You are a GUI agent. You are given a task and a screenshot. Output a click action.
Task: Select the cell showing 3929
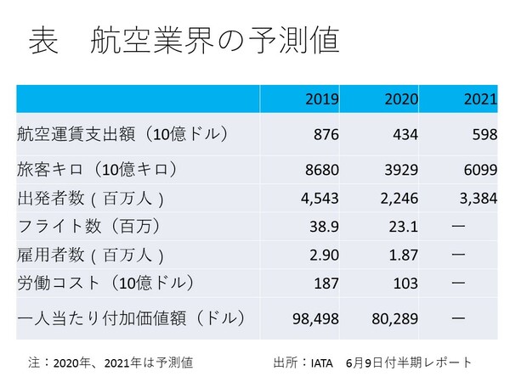(401, 171)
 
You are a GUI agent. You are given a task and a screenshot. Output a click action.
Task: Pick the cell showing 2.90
(324, 256)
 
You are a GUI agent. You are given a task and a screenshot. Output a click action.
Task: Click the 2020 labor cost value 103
(406, 283)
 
